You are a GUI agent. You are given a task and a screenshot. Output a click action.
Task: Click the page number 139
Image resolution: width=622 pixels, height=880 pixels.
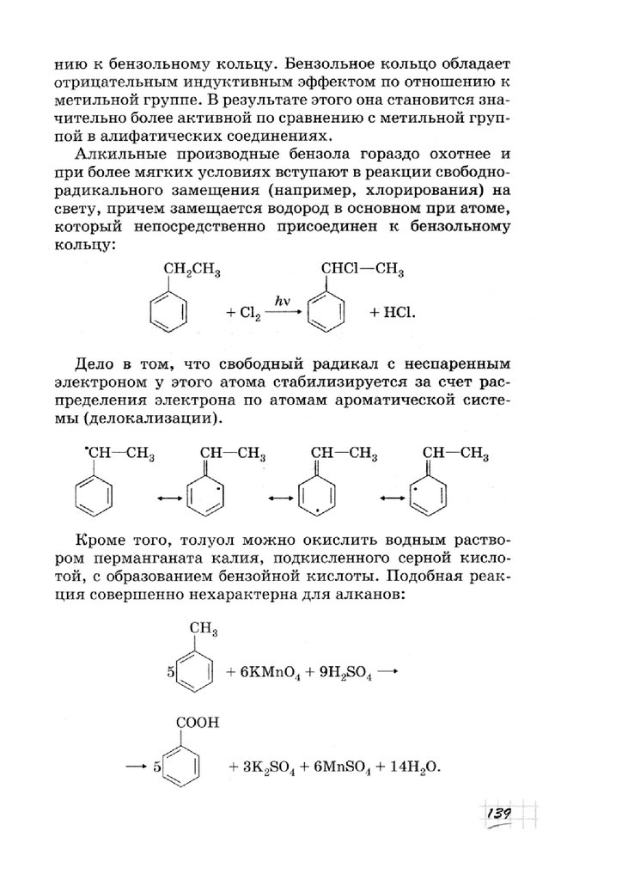(498, 813)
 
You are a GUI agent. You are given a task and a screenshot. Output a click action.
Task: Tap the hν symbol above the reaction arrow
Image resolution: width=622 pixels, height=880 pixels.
(281, 300)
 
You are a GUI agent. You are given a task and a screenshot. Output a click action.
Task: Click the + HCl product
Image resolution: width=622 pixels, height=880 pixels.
(392, 315)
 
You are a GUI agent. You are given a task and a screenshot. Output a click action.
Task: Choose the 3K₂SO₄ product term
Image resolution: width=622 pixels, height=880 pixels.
(273, 767)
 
